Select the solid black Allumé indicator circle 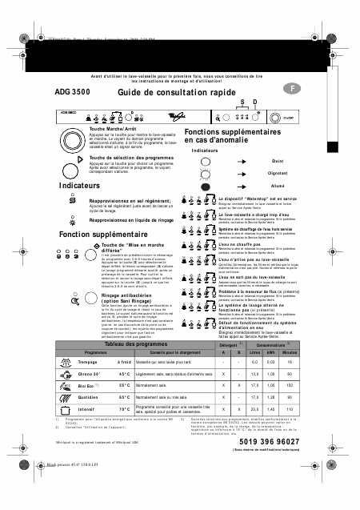tap(205, 185)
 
